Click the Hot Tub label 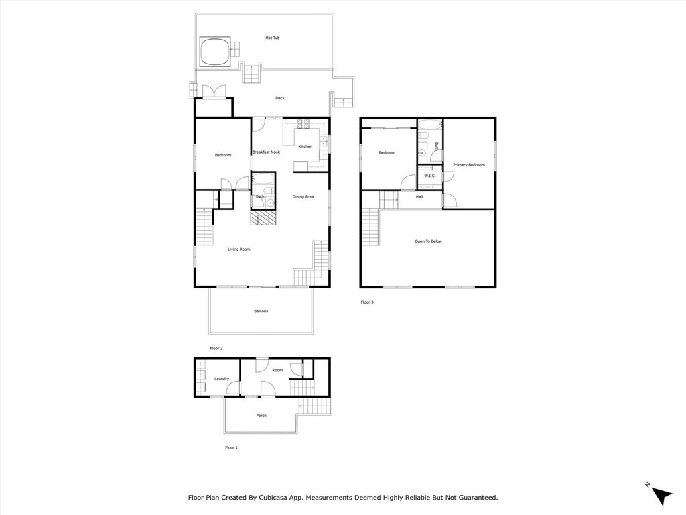[x=272, y=38]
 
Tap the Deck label [x=280, y=98]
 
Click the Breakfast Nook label [x=266, y=152]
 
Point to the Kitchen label [x=305, y=146]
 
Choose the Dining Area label [x=303, y=196]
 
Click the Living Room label [x=238, y=249]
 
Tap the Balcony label [x=261, y=311]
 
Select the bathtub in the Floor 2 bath [x=263, y=179]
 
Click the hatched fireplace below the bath [x=263, y=218]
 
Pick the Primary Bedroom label [x=468, y=164]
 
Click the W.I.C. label [x=429, y=176]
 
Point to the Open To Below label [x=428, y=241]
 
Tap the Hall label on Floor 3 [x=419, y=197]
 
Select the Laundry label [x=222, y=379]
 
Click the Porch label [x=261, y=416]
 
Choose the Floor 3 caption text [x=367, y=302]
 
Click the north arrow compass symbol [x=661, y=494]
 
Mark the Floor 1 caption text [x=231, y=447]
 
